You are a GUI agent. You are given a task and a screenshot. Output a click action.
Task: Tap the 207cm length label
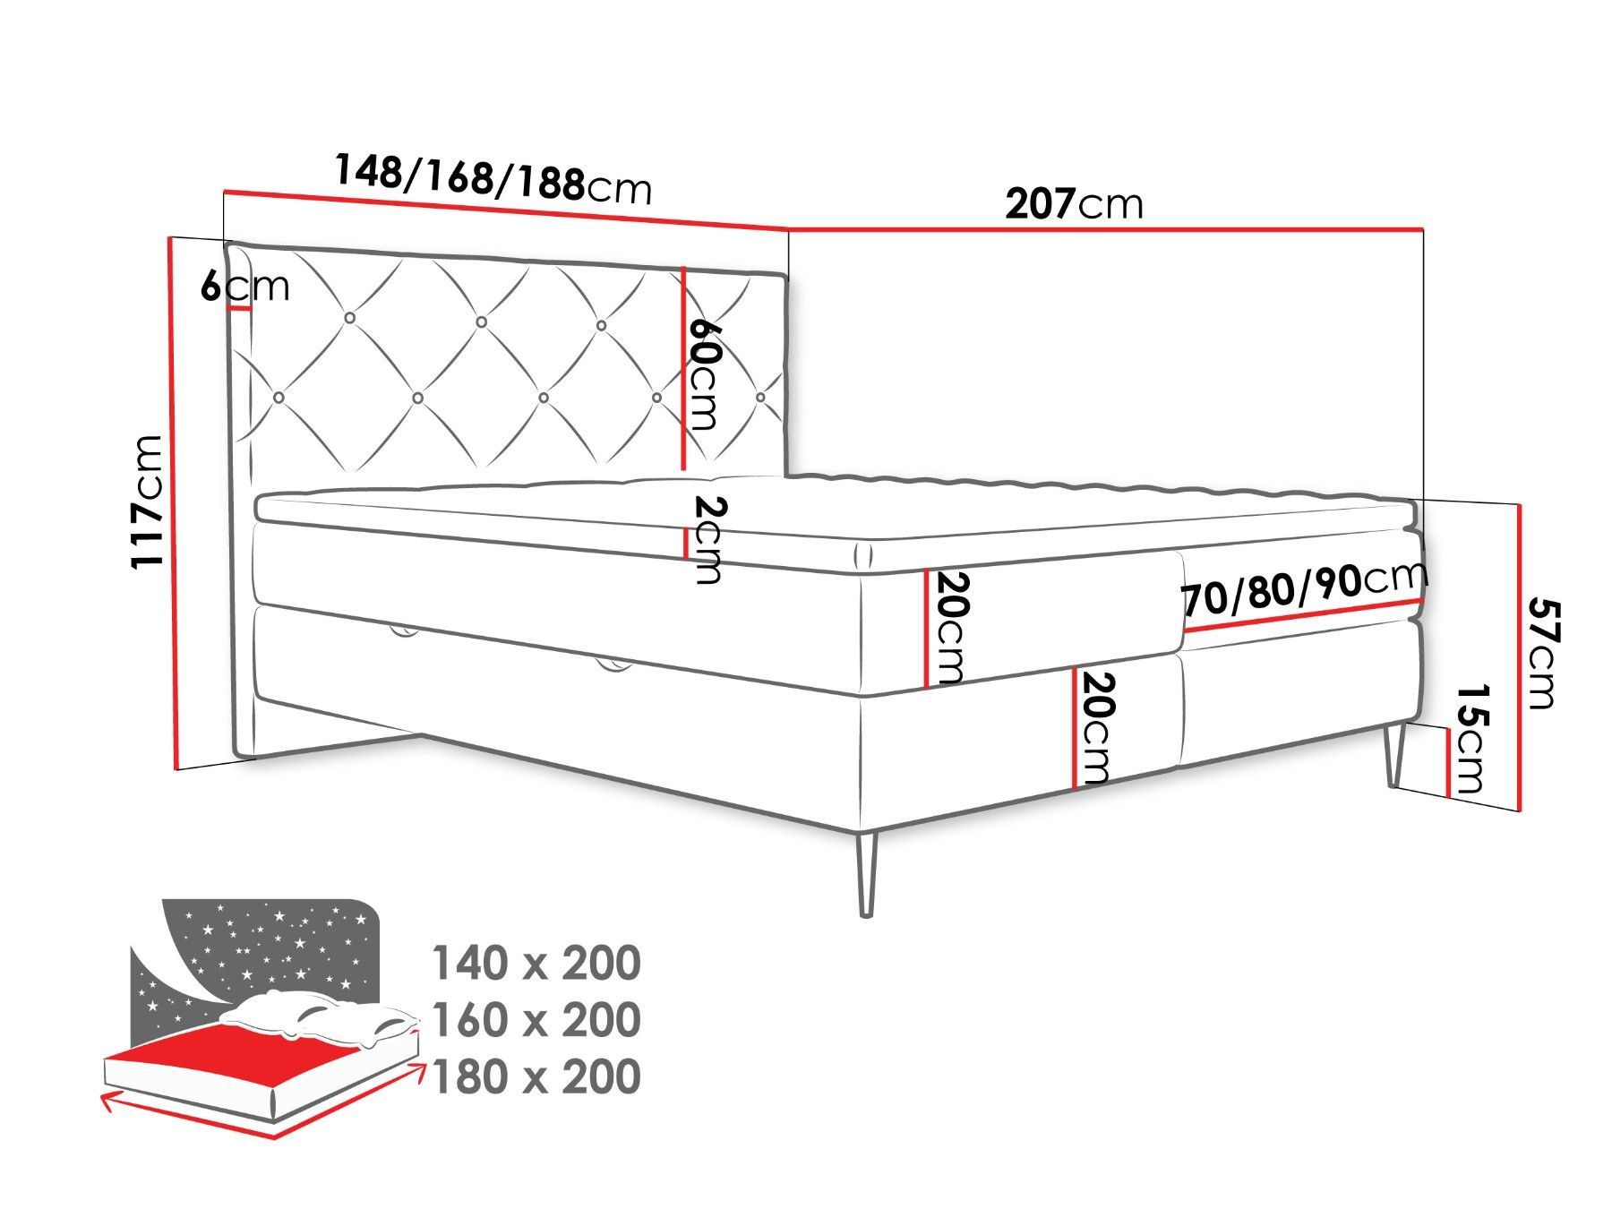click(1075, 203)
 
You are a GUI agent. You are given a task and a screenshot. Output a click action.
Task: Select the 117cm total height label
click(147, 502)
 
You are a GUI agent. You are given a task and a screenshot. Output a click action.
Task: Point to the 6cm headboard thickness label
click(244, 286)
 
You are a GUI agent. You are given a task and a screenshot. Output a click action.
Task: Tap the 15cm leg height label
click(1470, 740)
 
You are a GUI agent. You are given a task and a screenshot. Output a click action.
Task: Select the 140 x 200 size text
click(536, 963)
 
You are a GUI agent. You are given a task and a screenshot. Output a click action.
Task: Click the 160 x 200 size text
click(536, 1019)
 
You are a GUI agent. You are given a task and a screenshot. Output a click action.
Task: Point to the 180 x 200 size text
click(536, 1076)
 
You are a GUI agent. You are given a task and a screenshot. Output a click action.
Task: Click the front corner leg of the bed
click(865, 874)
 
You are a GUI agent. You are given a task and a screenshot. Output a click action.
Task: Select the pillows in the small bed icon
click(322, 1022)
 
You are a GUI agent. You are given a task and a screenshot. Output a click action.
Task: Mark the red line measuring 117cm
click(174, 503)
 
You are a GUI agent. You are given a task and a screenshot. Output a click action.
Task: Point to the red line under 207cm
click(1106, 231)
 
